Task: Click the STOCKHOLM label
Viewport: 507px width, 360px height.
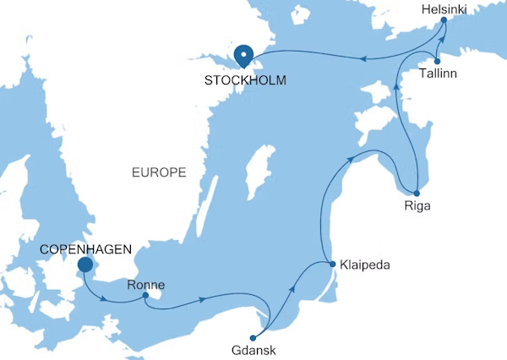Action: click(x=244, y=81)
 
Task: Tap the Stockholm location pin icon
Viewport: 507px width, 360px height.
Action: click(x=244, y=55)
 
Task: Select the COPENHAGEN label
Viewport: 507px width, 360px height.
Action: click(x=86, y=249)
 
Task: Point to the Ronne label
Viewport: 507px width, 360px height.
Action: click(x=145, y=284)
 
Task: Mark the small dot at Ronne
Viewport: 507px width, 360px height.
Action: click(x=146, y=296)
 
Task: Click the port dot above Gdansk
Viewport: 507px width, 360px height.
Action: click(x=253, y=338)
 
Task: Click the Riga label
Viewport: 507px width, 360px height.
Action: click(x=417, y=205)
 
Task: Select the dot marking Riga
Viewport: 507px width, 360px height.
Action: click(x=417, y=193)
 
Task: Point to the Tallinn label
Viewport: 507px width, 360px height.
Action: click(x=439, y=74)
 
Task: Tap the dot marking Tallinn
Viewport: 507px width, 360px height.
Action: click(x=437, y=61)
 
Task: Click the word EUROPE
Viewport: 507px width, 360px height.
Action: click(x=159, y=172)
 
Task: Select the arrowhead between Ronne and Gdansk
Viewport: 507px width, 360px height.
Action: click(x=204, y=298)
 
